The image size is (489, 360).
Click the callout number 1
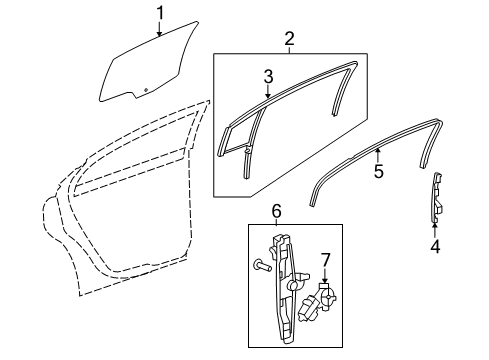[159, 12]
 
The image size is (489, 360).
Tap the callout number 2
[289, 40]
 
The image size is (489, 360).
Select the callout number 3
[268, 77]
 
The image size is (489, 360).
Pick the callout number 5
[379, 171]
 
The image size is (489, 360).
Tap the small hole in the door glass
[147, 90]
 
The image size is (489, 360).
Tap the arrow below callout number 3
[268, 93]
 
